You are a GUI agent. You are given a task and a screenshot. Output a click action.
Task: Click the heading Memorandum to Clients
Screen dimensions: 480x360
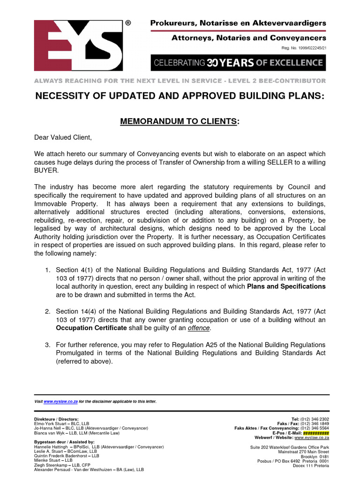[x=180, y=121]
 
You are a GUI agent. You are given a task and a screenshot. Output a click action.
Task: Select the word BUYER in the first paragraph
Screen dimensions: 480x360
[x=45, y=171]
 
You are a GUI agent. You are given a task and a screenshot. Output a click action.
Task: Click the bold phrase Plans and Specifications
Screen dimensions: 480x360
[x=286, y=286]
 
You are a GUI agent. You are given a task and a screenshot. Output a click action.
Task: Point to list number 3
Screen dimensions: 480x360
[x=47, y=345]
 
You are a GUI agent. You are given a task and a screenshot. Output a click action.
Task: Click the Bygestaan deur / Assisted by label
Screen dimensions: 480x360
[x=64, y=442]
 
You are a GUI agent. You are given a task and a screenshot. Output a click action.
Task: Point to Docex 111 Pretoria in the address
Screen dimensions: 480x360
[x=310, y=465]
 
